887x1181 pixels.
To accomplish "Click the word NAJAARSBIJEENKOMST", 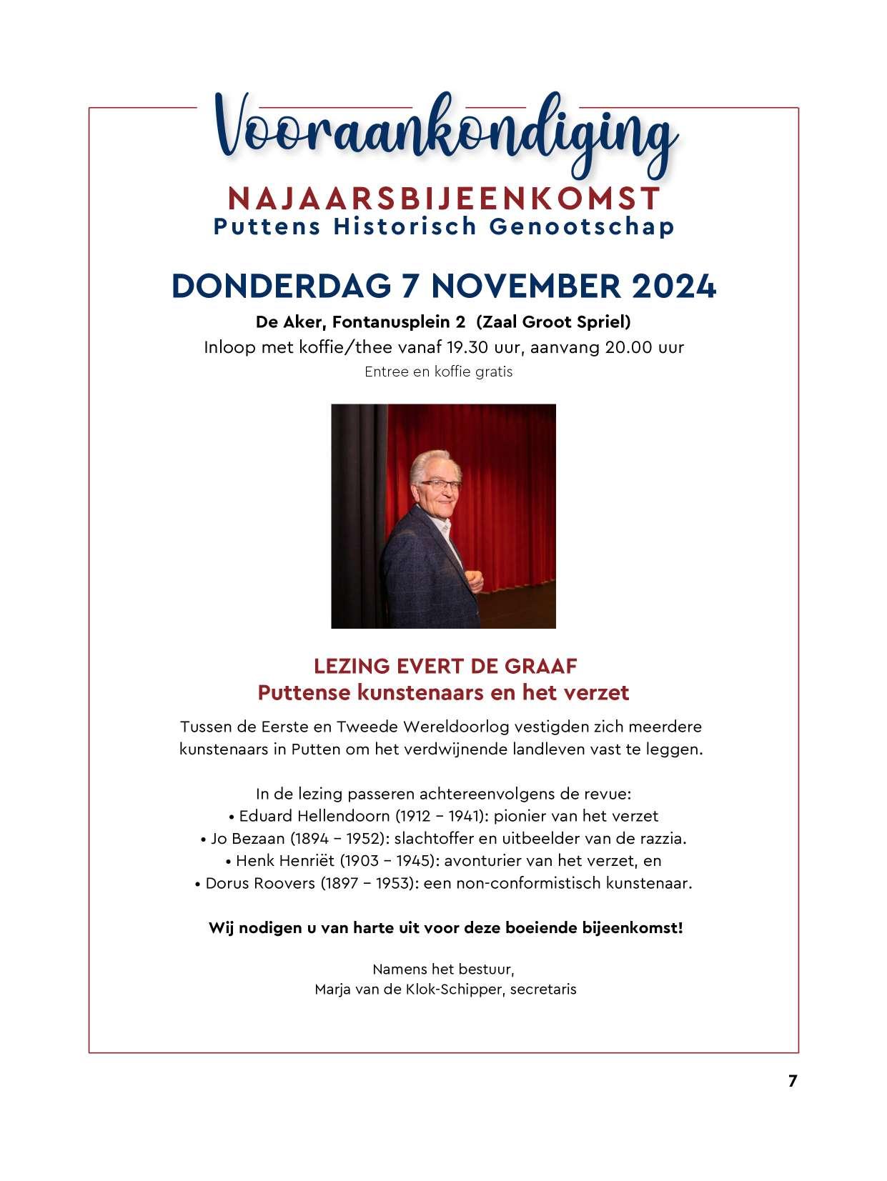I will [x=443, y=198].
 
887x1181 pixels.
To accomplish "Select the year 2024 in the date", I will [x=673, y=286].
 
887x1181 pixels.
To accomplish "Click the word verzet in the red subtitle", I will [x=599, y=693].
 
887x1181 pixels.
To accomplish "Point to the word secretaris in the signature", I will [x=543, y=990].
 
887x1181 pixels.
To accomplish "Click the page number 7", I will [x=792, y=1082].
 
